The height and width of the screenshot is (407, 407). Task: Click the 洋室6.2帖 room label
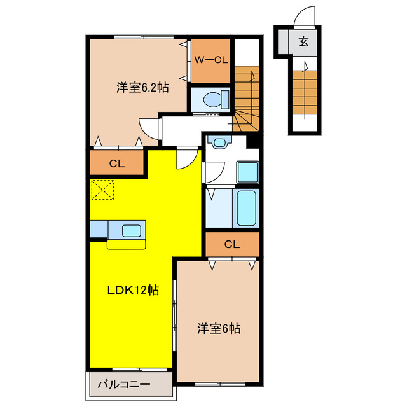[x=142, y=88]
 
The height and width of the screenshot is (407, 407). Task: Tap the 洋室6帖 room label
[x=218, y=329]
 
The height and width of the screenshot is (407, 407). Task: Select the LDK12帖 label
[x=132, y=291]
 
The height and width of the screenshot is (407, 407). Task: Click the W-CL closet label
[x=210, y=60]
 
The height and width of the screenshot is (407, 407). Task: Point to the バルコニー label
[x=124, y=385]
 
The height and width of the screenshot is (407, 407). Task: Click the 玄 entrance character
[x=303, y=43]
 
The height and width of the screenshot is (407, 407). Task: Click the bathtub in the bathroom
[x=247, y=207]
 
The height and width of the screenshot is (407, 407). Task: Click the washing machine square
[x=247, y=172]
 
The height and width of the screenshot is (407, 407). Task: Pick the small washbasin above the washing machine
[x=220, y=142]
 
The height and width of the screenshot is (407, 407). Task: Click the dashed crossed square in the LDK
[x=102, y=190]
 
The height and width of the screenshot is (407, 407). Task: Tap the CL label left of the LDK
[x=116, y=163]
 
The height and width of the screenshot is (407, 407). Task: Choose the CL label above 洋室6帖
[x=231, y=244]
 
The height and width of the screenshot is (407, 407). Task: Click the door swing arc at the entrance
[x=306, y=15]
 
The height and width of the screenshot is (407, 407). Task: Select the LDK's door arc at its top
[x=187, y=158]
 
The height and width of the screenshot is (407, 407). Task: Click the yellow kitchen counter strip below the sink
[x=126, y=244]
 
